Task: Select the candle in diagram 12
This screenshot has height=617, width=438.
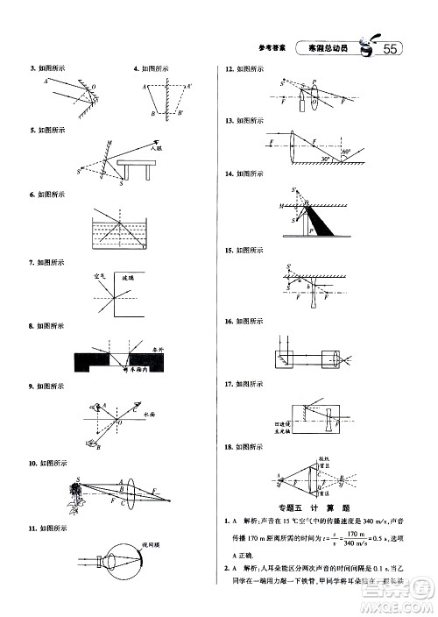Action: tap(302, 104)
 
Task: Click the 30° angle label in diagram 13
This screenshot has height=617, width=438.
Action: tap(327, 159)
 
